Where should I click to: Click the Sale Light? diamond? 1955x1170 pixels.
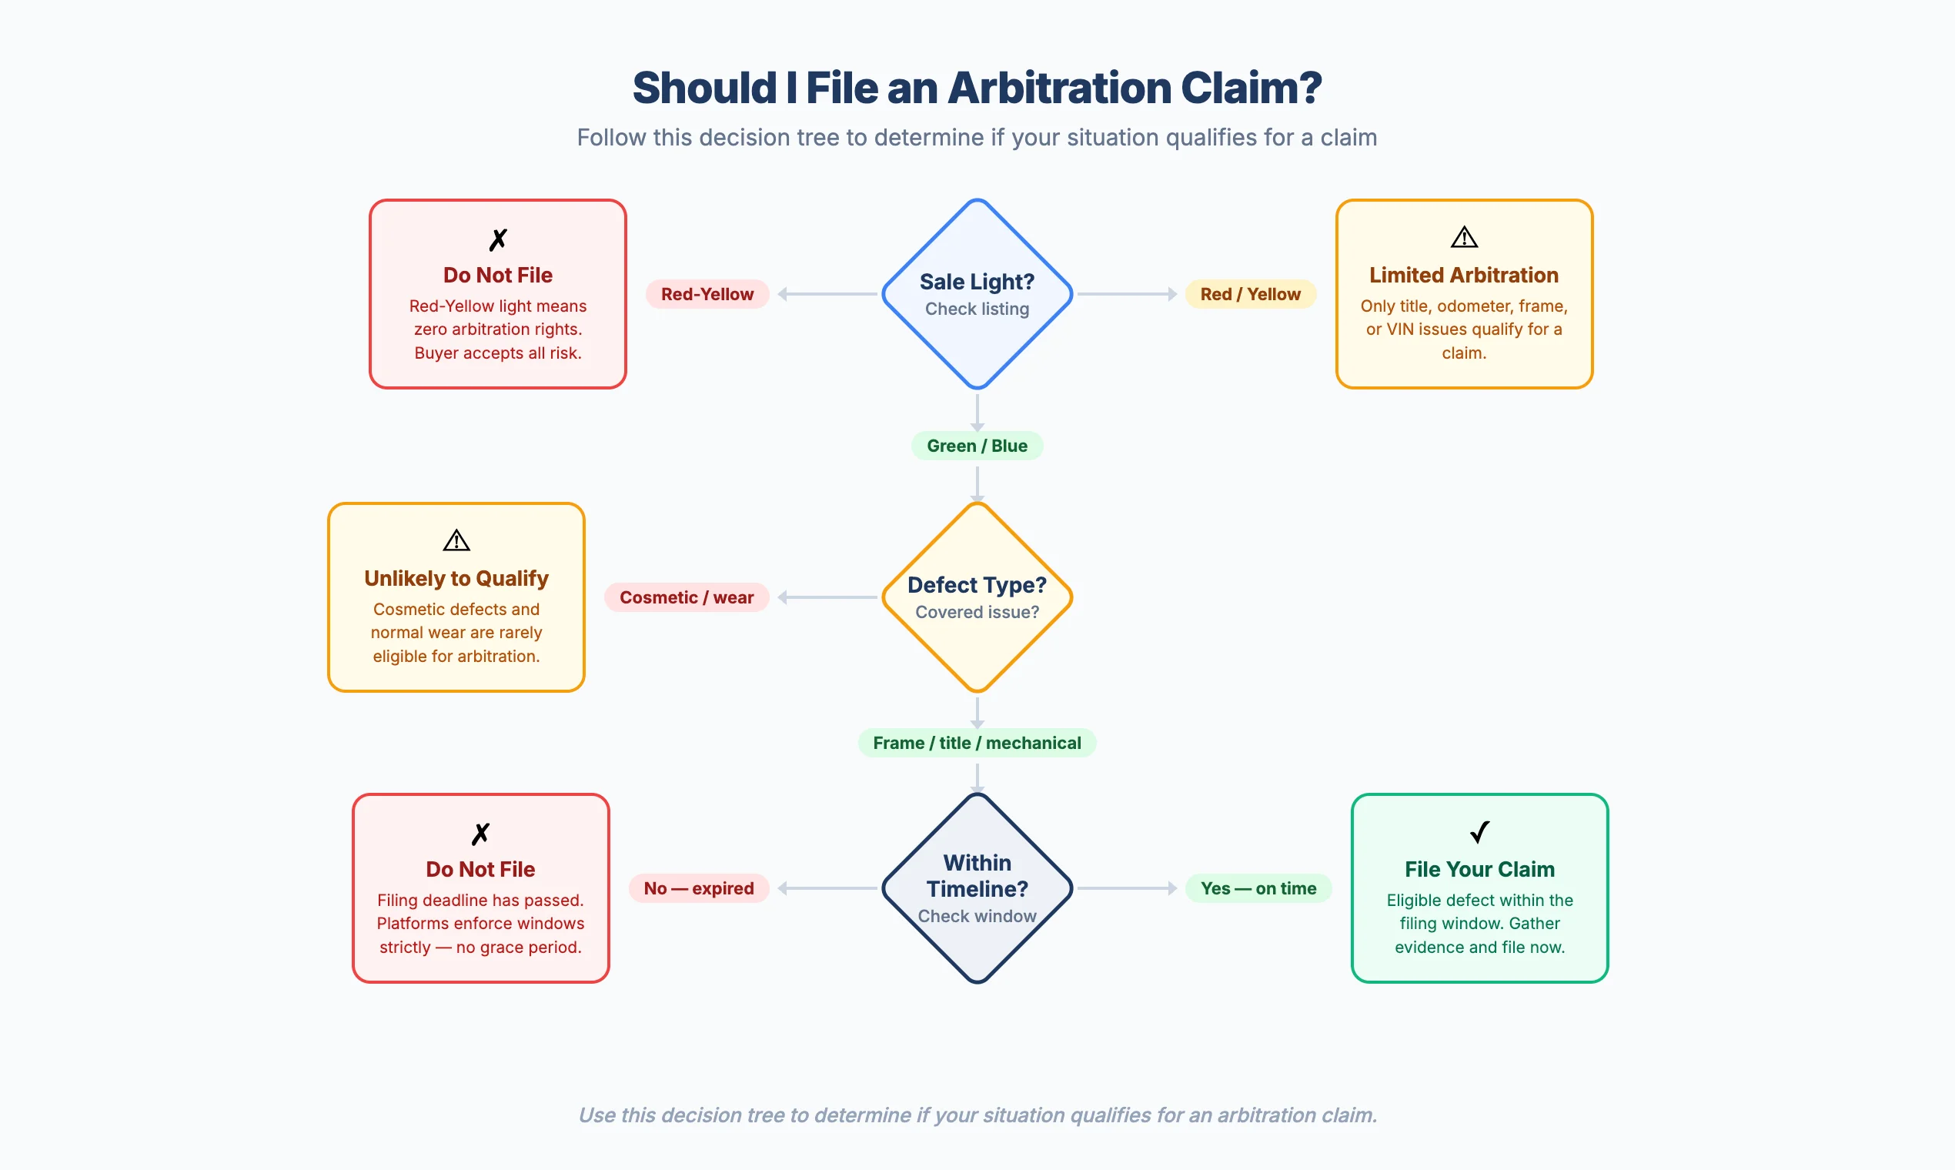pos(977,293)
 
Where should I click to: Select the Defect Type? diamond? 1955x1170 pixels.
pos(977,597)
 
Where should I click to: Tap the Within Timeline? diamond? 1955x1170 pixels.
pos(977,888)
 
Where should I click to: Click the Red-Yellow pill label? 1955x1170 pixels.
pos(707,294)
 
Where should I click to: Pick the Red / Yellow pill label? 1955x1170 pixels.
pos(1249,294)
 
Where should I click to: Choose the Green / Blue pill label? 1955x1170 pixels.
pos(977,446)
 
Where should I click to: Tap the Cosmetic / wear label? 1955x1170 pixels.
pos(686,597)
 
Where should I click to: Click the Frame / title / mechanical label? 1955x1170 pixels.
pos(977,743)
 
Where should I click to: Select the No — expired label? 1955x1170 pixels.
pos(698,888)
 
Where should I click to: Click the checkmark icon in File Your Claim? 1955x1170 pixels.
pos(1479,832)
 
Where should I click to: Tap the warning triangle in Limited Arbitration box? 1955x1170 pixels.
pos(1464,237)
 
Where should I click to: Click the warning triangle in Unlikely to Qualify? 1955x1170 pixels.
pos(456,541)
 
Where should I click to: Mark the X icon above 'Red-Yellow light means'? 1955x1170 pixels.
pos(497,239)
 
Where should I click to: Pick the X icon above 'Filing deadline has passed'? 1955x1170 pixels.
pos(480,834)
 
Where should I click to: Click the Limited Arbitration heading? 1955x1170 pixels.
pos(1463,275)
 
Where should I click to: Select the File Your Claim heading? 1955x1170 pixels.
pos(1479,869)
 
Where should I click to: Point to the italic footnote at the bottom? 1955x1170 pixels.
pos(977,1115)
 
